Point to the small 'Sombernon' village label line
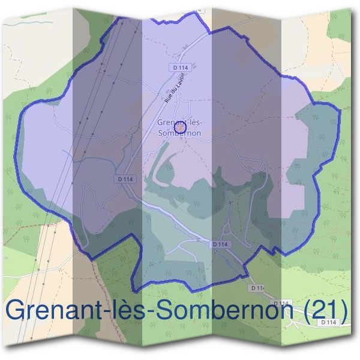(178, 133)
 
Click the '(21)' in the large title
(327, 310)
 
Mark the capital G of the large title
(17, 310)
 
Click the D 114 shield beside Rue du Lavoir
(180, 67)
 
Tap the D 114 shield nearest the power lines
(124, 179)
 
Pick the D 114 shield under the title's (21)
(328, 322)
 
